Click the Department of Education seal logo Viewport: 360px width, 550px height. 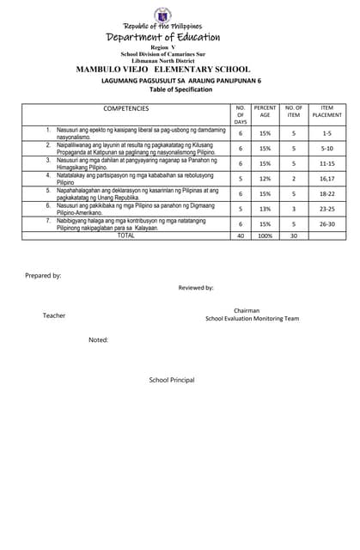click(x=162, y=15)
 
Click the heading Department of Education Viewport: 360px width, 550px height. click(x=163, y=37)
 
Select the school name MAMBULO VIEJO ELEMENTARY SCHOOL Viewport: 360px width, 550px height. click(x=163, y=69)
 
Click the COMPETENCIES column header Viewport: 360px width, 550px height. click(x=126, y=108)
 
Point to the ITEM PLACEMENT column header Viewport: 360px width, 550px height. click(x=326, y=112)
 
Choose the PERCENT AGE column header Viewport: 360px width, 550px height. click(x=265, y=112)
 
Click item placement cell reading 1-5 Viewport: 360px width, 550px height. click(x=326, y=134)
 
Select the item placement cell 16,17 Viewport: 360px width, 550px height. click(x=326, y=178)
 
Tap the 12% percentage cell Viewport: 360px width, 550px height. click(x=265, y=178)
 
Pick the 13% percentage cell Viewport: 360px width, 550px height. click(x=265, y=209)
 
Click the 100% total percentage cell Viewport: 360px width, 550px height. click(x=265, y=235)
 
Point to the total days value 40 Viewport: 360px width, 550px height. click(x=241, y=235)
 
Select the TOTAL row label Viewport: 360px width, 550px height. click(x=126, y=235)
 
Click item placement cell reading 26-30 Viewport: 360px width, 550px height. click(x=326, y=223)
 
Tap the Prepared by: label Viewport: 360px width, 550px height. click(x=43, y=276)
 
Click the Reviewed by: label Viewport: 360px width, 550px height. click(x=196, y=288)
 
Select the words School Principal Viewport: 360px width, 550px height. click(x=172, y=380)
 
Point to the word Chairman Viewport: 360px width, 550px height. click(x=246, y=310)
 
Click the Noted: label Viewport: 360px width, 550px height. click(x=98, y=340)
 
